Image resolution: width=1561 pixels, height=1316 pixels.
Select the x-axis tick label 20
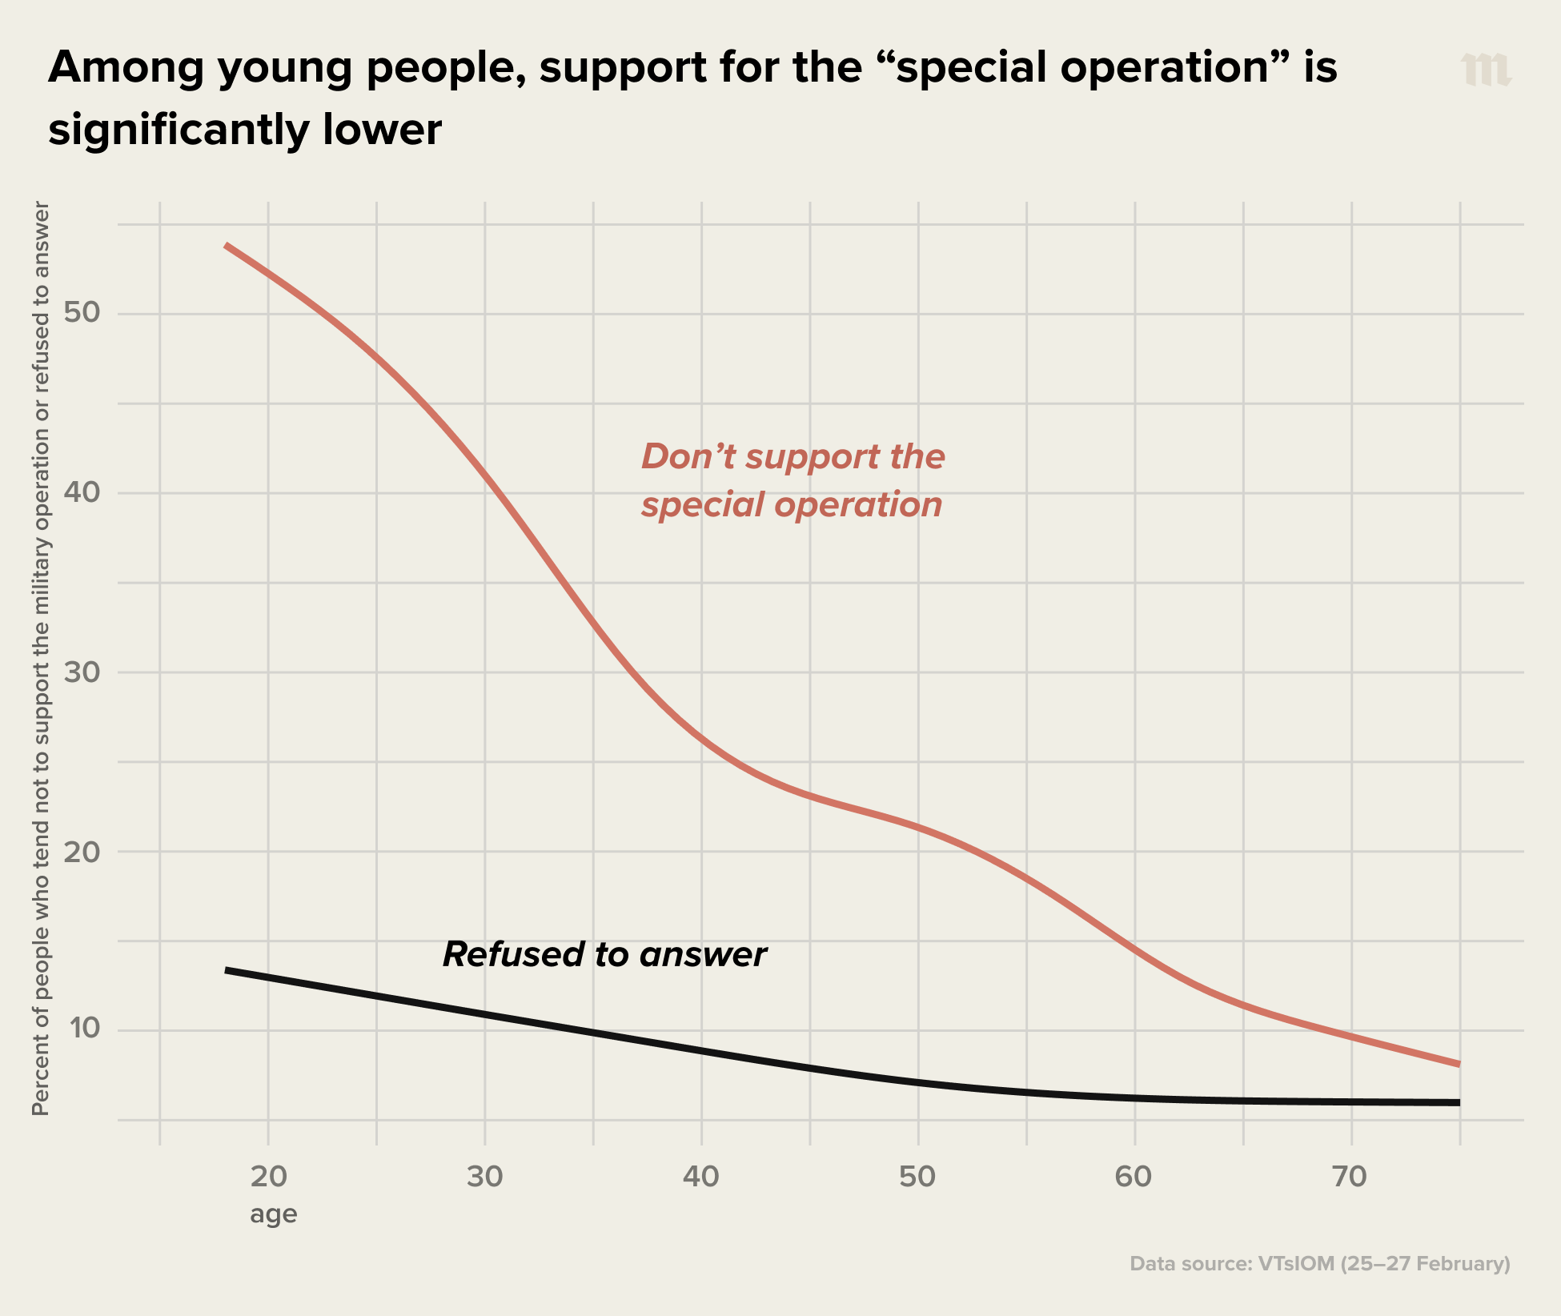268,1177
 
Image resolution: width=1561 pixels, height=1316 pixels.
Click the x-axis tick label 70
1350,1177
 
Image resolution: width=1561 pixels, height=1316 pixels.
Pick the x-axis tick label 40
701,1177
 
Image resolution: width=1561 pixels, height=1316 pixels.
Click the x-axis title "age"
273,1214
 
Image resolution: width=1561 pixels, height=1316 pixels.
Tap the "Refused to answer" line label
604,954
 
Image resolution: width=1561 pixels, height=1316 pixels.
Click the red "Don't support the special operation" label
793,480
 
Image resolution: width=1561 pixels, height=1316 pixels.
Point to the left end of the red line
227,245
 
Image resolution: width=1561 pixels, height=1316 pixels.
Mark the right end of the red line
1459,1064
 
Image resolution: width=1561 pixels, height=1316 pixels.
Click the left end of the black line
227,970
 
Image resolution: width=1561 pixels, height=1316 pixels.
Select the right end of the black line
1459,1102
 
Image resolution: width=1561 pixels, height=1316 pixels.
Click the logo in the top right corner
1486,70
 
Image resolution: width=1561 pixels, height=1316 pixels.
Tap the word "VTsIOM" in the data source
1296,1264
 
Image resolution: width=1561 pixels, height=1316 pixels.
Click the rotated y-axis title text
41,658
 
